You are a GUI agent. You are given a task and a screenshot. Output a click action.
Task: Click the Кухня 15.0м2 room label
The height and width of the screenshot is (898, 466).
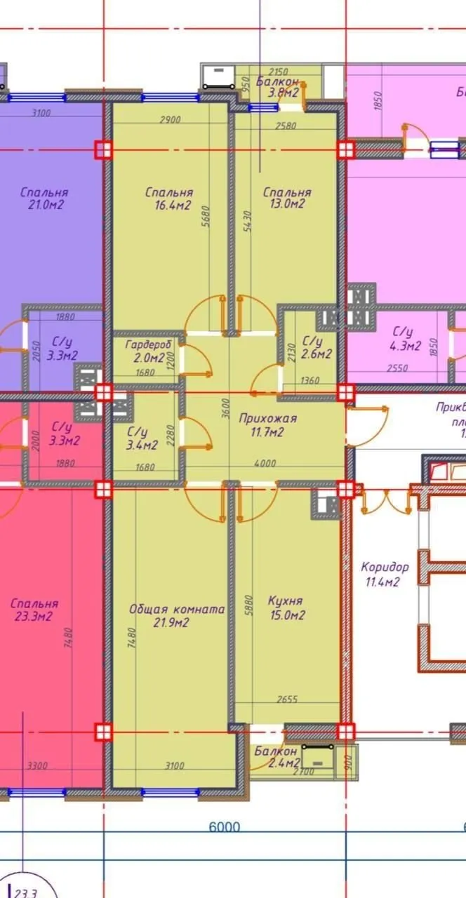pyautogui.click(x=286, y=608)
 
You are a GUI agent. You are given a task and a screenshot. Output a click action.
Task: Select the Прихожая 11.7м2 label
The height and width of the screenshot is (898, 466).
pyautogui.click(x=267, y=425)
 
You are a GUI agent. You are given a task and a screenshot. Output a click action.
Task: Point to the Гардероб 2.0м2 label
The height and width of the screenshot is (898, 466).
pyautogui.click(x=145, y=351)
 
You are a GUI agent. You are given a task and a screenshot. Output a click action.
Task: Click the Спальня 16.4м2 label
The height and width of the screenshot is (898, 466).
pyautogui.click(x=168, y=199)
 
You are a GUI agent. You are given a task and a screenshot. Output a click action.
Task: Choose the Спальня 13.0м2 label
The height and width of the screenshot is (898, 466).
pyautogui.click(x=286, y=199)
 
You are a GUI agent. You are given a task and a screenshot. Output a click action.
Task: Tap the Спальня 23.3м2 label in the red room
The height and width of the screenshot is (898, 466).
pyautogui.click(x=34, y=610)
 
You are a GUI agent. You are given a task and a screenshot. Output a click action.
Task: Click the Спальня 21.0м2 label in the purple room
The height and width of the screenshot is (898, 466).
pyautogui.click(x=44, y=199)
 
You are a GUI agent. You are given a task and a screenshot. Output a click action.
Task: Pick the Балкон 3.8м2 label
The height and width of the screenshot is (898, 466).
pyautogui.click(x=278, y=86)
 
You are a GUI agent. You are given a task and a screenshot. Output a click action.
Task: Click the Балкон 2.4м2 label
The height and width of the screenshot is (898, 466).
pyautogui.click(x=277, y=757)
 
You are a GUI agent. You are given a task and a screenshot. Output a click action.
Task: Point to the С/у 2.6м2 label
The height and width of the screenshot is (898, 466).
pyautogui.click(x=316, y=348)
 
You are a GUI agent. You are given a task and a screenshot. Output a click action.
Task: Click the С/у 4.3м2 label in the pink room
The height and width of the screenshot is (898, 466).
pyautogui.click(x=406, y=338)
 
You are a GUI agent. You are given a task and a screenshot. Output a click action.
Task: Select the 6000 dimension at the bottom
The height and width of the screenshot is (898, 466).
pyautogui.click(x=225, y=826)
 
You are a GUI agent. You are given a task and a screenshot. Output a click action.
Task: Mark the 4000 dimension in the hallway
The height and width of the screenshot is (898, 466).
pyautogui.click(x=265, y=463)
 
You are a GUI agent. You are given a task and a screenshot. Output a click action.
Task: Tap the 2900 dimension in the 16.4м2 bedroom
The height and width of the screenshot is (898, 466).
pyautogui.click(x=171, y=119)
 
